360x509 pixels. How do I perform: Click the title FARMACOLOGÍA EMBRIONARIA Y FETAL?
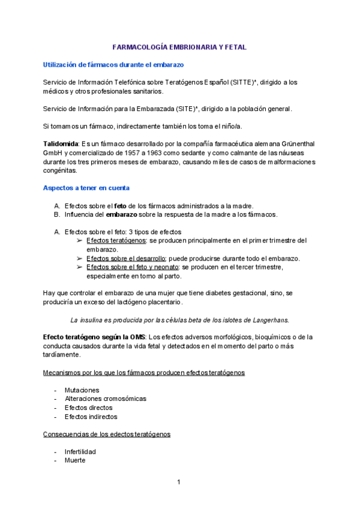coord(179,47)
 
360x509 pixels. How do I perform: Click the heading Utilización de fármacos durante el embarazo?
coord(113,64)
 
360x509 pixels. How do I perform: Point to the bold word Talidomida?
coord(61,145)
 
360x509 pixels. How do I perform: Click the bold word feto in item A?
coord(121,205)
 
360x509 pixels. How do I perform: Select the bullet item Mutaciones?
coord(82,390)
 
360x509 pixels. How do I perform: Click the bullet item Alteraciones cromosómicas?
coord(105,399)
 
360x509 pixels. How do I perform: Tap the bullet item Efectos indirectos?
coord(91,417)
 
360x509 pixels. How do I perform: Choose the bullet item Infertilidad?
coord(80,451)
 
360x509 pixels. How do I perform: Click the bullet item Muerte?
coord(75,460)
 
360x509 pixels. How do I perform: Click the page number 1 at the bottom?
coord(178,482)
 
